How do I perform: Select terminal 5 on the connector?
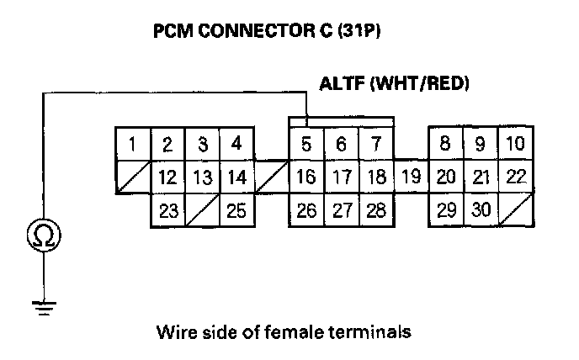(x=306, y=145)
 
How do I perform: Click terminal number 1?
(x=133, y=145)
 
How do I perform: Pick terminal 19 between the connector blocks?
(x=411, y=177)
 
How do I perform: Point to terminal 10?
(x=514, y=145)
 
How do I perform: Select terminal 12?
(x=167, y=177)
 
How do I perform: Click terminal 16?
(x=306, y=177)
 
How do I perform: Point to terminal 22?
(x=514, y=177)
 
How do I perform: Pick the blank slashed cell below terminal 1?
(x=133, y=177)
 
